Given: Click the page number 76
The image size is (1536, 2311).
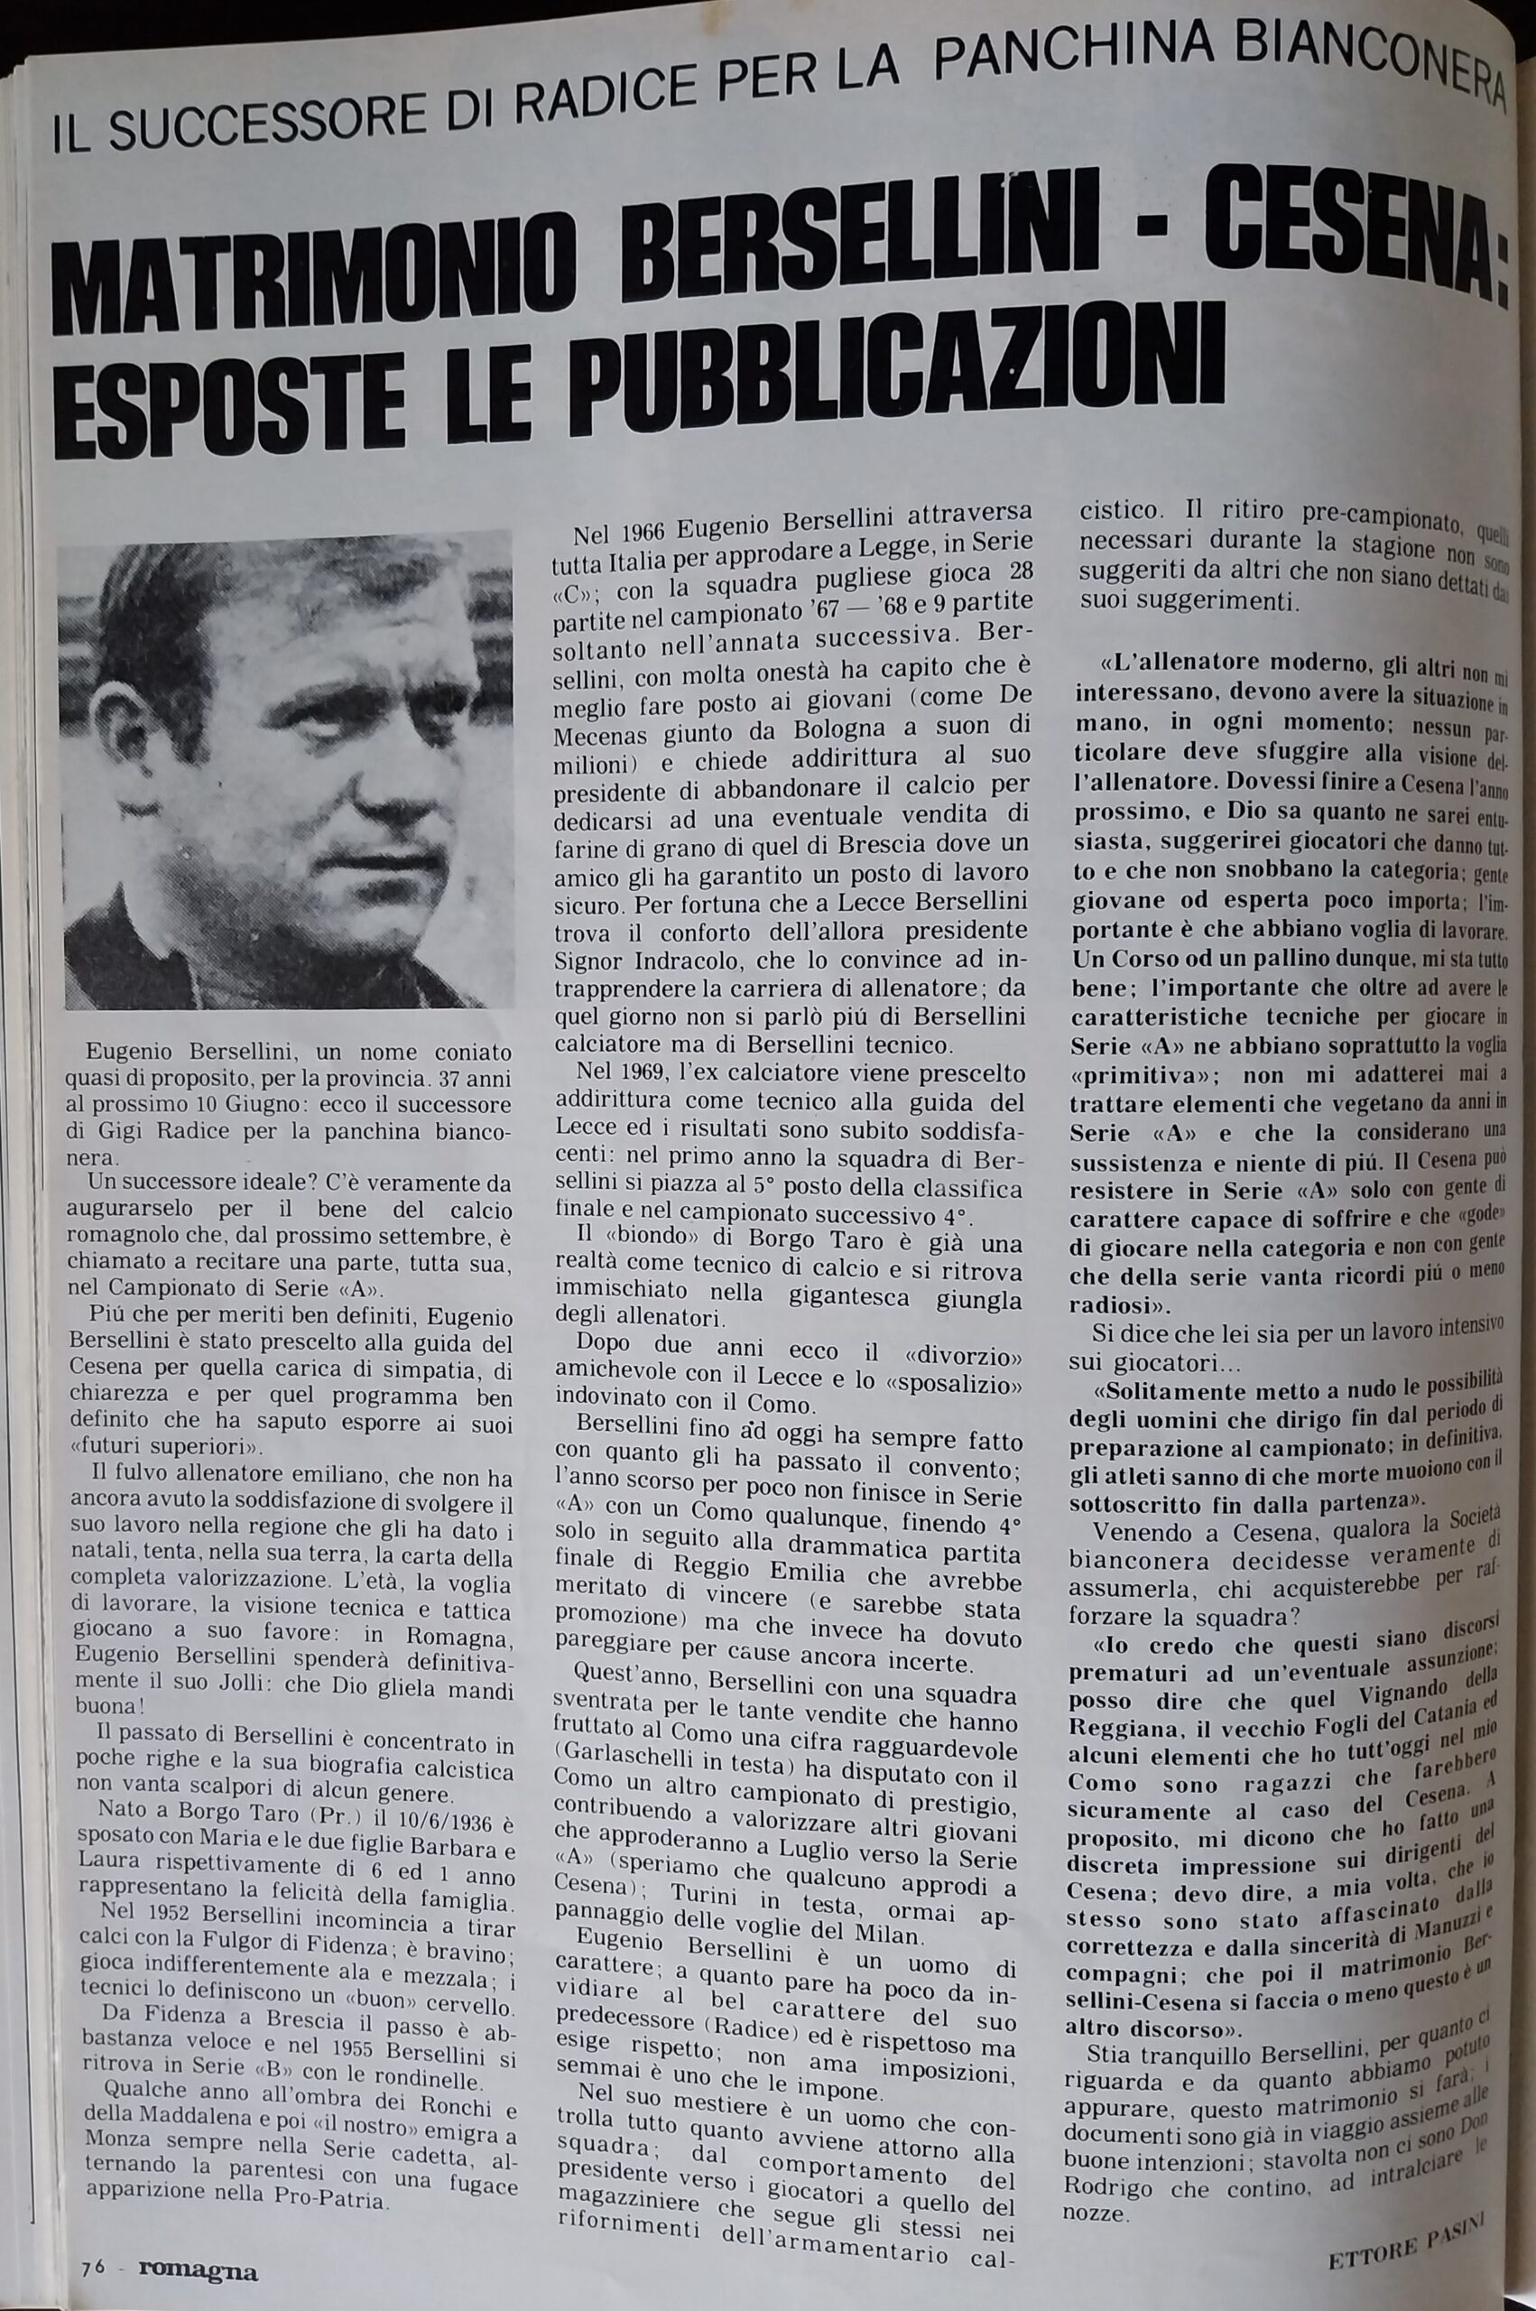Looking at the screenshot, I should click(94, 2239).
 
